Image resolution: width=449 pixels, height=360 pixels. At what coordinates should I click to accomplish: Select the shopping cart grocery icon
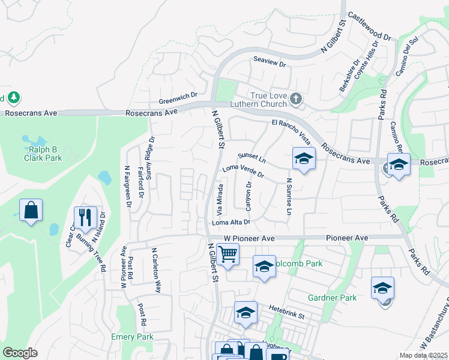[228, 254]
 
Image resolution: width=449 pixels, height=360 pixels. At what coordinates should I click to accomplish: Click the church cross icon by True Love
[295, 98]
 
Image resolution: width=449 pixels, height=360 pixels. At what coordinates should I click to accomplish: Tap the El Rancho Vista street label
[291, 132]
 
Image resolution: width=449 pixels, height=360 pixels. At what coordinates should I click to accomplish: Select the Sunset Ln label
[252, 157]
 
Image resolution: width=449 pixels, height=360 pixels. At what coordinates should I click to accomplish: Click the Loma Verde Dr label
[243, 172]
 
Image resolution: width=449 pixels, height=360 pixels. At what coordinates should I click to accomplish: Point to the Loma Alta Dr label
[231, 223]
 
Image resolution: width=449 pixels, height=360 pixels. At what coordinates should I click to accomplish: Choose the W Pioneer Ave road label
[249, 238]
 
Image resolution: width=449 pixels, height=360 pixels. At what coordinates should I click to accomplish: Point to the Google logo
[20, 352]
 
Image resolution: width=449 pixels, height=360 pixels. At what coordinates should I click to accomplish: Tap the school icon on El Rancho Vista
[304, 158]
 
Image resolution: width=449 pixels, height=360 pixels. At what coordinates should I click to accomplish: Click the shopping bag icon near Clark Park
[31, 210]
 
